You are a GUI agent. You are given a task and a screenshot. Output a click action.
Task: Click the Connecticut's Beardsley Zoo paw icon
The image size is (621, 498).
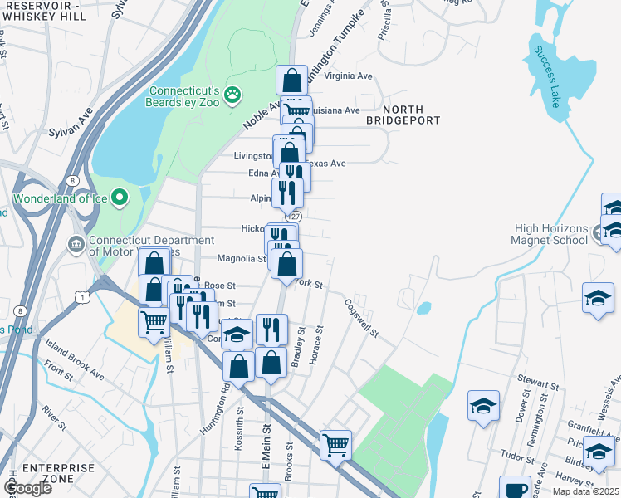point(233,95)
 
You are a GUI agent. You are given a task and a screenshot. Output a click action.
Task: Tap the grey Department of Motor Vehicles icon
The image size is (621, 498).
point(75,246)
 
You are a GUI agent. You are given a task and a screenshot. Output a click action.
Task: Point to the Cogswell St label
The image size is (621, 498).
point(361,319)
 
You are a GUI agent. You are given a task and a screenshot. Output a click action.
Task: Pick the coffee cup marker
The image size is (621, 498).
point(515,489)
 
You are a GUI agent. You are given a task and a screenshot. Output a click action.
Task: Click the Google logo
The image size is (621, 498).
point(27,488)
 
